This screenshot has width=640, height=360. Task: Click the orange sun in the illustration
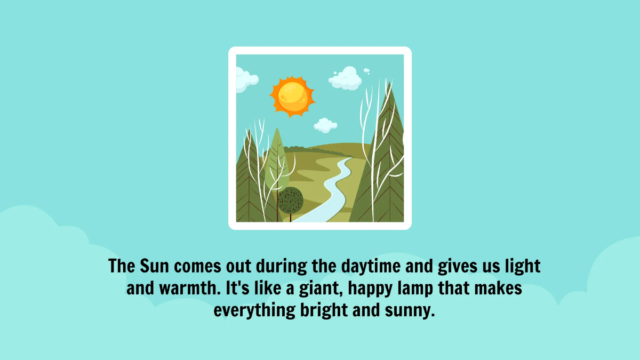point(292,97)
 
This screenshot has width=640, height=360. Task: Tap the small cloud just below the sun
point(325,125)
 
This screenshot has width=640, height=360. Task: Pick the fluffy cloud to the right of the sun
point(346,78)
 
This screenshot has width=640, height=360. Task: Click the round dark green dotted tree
point(291,201)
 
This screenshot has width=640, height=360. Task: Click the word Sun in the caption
point(155,266)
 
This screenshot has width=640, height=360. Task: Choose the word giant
point(313,289)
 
